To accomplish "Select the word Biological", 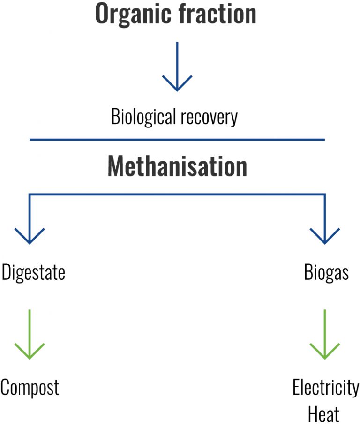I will pos(142,117).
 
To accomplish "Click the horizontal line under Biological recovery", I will pos(177,140).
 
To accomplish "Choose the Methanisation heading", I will pos(177,165).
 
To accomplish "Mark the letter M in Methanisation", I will pos(117,165).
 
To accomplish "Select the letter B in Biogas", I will pos(308,272).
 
